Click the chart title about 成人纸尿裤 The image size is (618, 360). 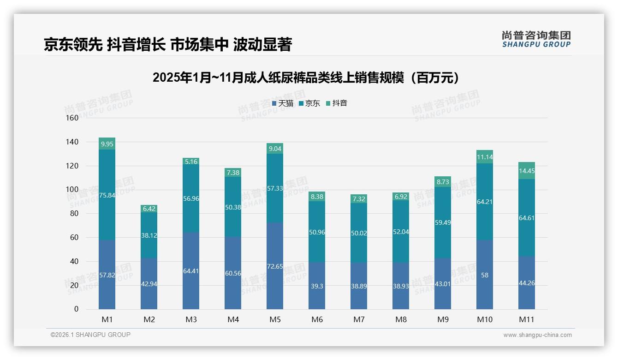coord(307,78)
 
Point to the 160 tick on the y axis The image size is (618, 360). coord(72,118)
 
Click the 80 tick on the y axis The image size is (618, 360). coord(74,214)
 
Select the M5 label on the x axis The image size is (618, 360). coord(275,319)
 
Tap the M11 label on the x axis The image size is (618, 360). coord(527,319)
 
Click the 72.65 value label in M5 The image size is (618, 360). coord(275,266)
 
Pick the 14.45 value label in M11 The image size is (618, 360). coord(527,171)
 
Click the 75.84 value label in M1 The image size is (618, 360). coord(107,195)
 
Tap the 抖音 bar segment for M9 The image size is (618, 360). coord(443,181)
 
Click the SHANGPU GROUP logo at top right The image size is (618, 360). coord(536,39)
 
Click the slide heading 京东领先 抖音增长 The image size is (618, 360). coord(168,45)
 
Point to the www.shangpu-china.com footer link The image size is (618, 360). coord(537,335)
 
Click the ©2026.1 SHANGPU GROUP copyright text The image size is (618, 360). coord(90,335)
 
